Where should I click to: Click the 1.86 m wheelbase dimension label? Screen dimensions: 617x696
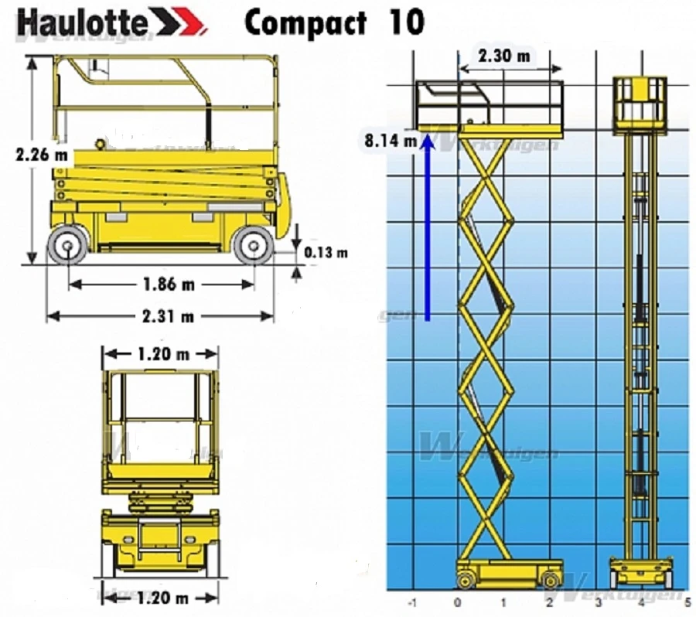(x=169, y=284)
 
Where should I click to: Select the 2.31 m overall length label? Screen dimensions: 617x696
(x=168, y=315)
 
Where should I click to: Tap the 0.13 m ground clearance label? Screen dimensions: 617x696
(x=326, y=252)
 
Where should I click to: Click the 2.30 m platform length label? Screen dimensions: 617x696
(x=504, y=56)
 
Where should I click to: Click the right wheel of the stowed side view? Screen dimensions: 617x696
(x=254, y=246)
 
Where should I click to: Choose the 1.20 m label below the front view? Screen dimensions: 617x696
(x=162, y=598)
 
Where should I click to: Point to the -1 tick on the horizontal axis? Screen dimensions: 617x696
(x=412, y=602)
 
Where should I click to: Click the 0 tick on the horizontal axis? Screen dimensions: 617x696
(x=458, y=602)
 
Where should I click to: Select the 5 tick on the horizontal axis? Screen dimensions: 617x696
(x=687, y=602)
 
